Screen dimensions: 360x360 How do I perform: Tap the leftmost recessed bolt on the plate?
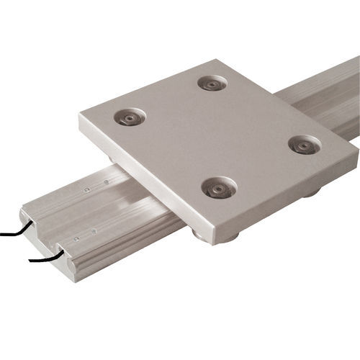click(130, 116)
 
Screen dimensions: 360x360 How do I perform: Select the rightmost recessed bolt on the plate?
click(304, 145)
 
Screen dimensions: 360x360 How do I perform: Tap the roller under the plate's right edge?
click(310, 192)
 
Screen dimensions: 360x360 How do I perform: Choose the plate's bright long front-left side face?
click(144, 180)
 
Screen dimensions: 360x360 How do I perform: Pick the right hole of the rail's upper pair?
click(106, 183)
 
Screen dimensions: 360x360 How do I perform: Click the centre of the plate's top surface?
click(216, 137)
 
